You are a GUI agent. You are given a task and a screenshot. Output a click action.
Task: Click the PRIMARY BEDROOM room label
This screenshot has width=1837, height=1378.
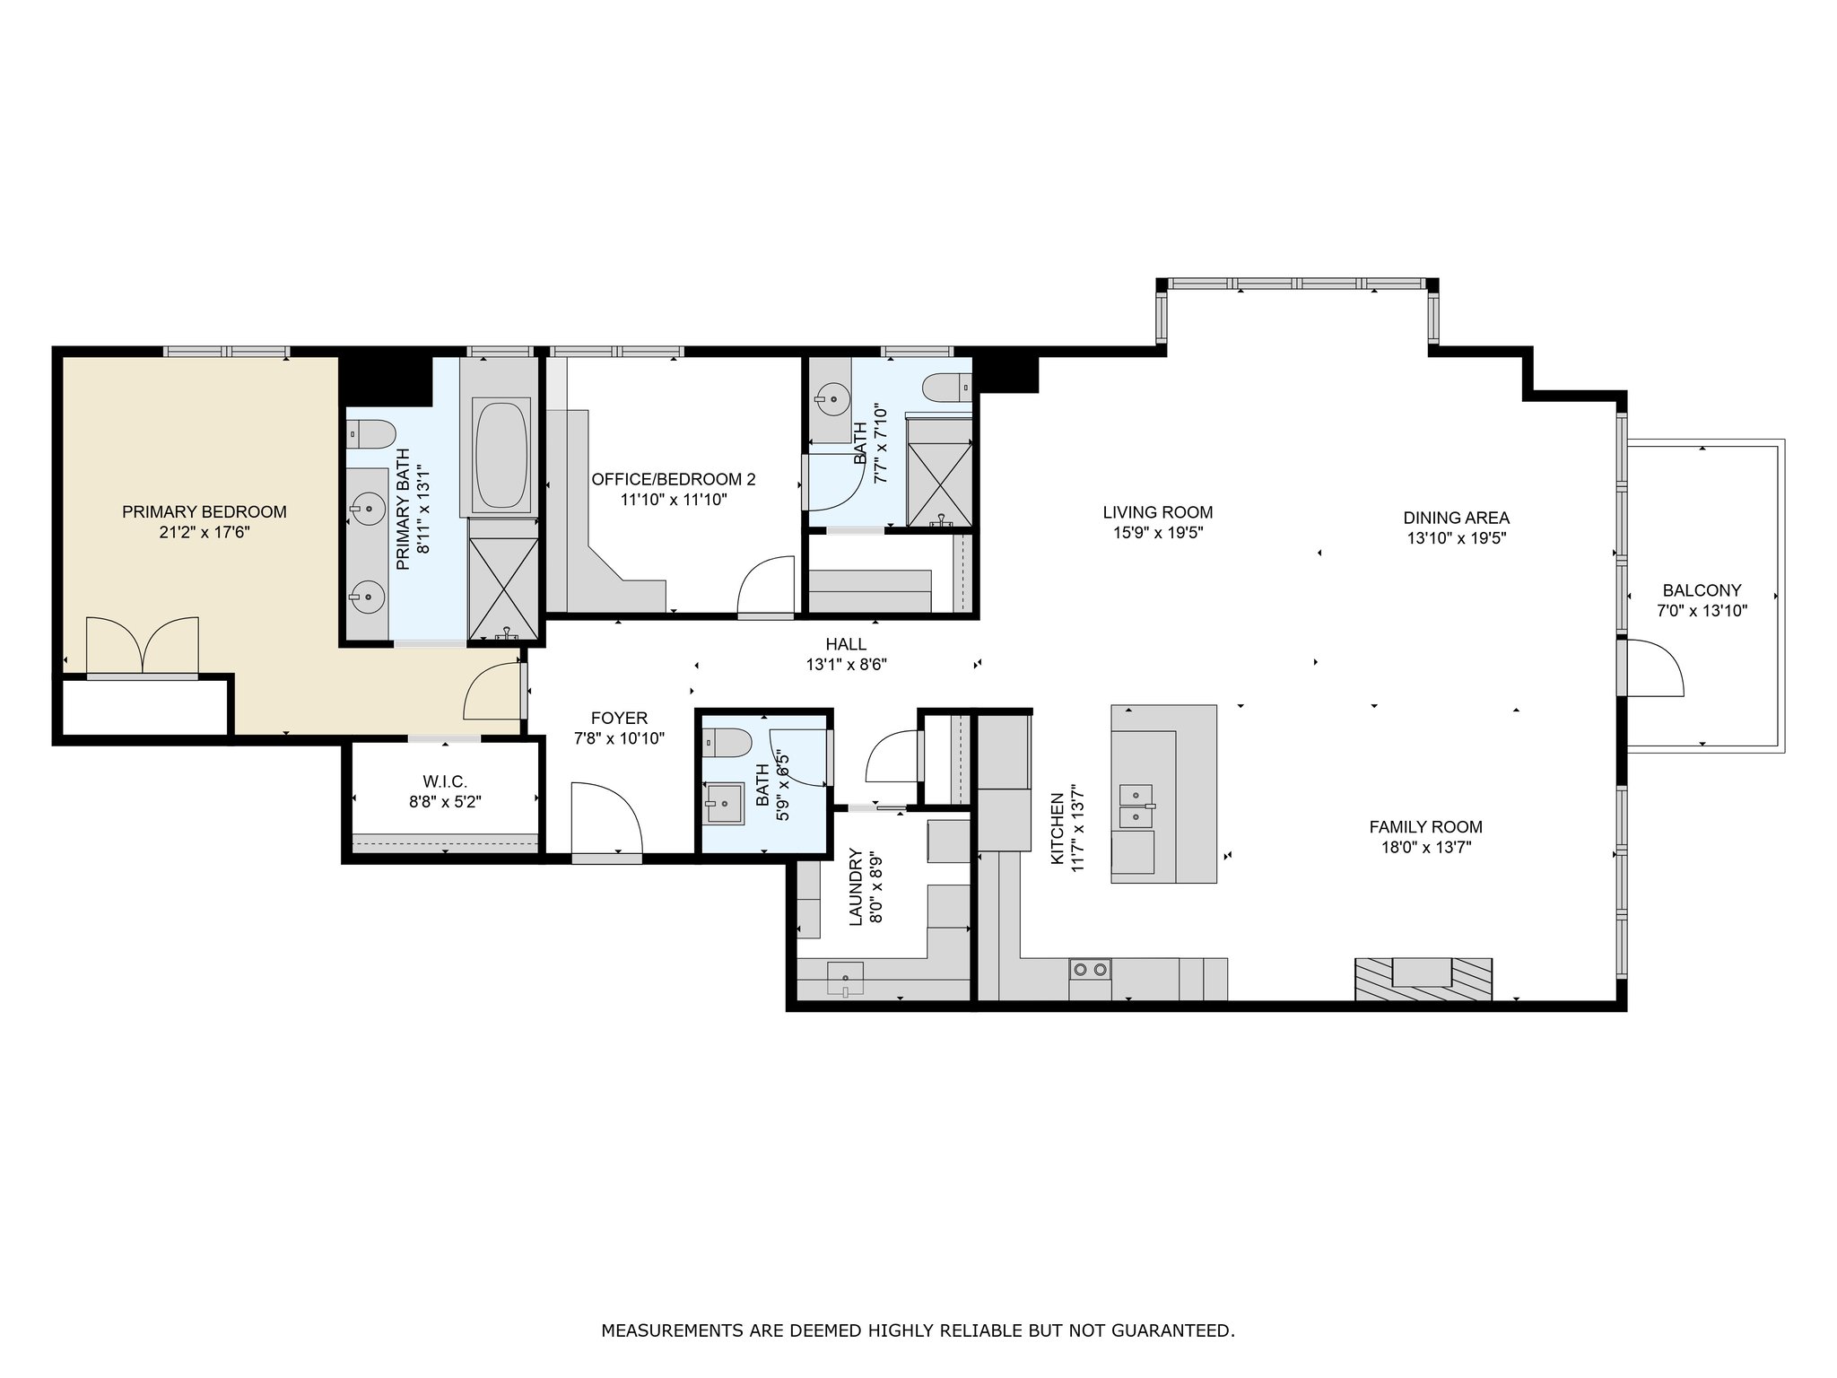click(205, 512)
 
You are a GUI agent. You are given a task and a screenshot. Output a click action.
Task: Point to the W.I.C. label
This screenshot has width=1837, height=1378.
click(445, 782)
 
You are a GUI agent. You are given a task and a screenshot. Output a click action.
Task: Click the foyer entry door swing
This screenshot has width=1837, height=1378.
click(606, 818)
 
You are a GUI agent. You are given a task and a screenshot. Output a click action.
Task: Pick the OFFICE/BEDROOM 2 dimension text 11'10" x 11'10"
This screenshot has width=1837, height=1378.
click(674, 500)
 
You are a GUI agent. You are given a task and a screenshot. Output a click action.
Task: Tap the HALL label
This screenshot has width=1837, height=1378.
click(847, 644)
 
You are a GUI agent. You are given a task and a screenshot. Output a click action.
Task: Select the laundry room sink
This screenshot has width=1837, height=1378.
click(844, 978)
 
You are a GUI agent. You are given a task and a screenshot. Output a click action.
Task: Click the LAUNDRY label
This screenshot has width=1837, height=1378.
click(855, 887)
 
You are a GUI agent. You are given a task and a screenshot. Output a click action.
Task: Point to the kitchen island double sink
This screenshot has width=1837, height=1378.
click(1136, 806)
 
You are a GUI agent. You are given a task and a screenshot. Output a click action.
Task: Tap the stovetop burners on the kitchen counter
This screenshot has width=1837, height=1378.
click(1090, 969)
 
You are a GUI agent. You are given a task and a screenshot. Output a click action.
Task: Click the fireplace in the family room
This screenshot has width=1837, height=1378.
click(1423, 979)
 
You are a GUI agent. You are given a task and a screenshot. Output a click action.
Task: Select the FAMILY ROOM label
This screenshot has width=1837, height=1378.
click(1426, 827)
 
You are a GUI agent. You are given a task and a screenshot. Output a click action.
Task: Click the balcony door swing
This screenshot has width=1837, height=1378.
click(1656, 667)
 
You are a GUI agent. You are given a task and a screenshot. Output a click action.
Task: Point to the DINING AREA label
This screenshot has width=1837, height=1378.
click(1457, 518)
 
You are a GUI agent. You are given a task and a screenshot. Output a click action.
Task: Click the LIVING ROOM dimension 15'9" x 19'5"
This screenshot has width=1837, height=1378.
click(1158, 533)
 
